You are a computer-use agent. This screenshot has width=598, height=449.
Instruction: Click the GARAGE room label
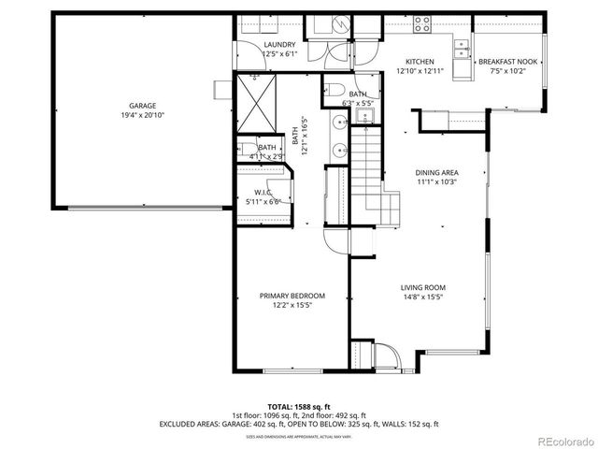point(143,106)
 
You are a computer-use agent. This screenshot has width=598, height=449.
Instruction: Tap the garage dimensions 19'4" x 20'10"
point(143,116)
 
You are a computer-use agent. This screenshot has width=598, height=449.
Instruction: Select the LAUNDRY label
point(279,45)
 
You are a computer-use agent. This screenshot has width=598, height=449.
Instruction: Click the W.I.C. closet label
point(263,193)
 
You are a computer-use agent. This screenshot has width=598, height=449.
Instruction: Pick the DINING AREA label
point(435,173)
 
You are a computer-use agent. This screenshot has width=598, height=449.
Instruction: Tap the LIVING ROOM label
point(422,287)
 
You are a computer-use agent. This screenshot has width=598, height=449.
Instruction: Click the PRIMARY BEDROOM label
point(292,296)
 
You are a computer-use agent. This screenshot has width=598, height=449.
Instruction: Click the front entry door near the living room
point(386,356)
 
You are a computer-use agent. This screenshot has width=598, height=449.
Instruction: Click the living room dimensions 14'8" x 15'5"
point(422,297)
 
